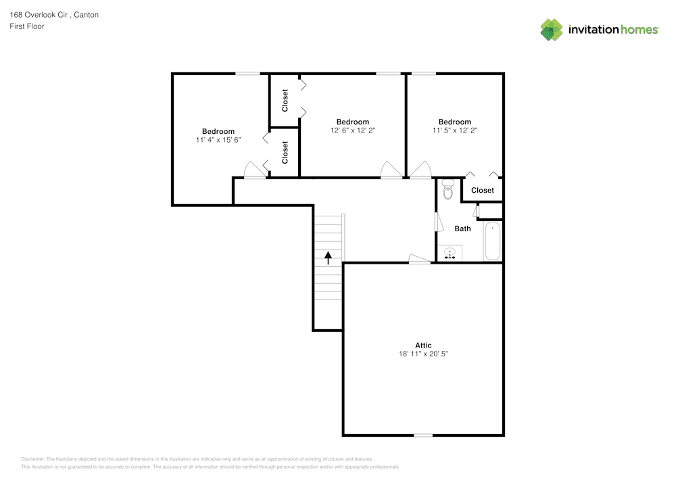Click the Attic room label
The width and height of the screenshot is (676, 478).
click(x=423, y=345)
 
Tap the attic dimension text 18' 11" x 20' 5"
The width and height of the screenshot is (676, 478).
click(x=423, y=354)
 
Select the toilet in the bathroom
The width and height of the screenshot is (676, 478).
click(x=447, y=190)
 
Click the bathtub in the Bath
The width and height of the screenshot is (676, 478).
click(x=492, y=241)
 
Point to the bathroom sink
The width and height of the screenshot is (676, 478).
click(x=450, y=254)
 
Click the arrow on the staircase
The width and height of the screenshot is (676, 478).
click(x=329, y=257)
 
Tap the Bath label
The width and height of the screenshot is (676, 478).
click(x=462, y=229)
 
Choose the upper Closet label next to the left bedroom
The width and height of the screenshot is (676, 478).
click(x=285, y=100)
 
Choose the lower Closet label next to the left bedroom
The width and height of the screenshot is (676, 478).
click(x=285, y=152)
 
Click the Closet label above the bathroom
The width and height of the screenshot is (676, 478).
click(x=483, y=191)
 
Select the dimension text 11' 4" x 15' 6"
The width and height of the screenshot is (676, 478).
click(x=218, y=140)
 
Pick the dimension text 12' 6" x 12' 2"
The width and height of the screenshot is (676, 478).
click(x=353, y=130)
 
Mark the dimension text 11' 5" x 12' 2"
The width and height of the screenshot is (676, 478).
click(x=455, y=130)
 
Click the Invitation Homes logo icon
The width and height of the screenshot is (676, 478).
click(x=552, y=30)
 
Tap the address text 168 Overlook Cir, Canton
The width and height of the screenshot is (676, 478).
click(x=54, y=14)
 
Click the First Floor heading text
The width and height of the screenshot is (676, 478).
click(x=27, y=26)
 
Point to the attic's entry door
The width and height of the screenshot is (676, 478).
click(x=420, y=258)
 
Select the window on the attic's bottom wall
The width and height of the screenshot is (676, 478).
click(x=423, y=435)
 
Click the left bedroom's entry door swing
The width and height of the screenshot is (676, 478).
click(x=254, y=170)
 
